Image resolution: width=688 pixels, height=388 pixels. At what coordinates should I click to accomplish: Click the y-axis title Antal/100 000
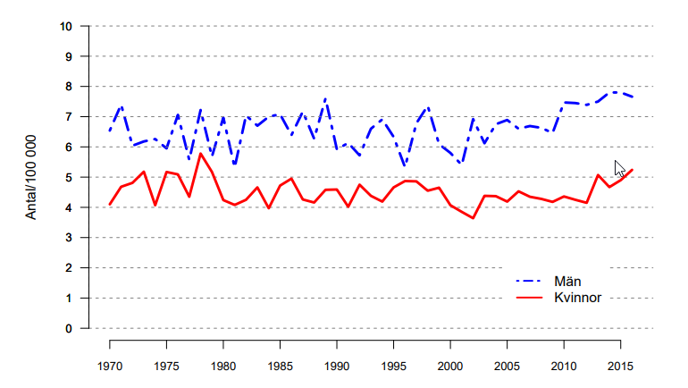click(30, 177)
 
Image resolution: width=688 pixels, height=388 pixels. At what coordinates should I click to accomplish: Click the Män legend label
click(567, 281)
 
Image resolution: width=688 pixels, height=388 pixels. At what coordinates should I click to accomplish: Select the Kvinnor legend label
click(578, 297)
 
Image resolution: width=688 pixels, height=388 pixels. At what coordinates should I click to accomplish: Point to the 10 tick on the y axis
click(66, 26)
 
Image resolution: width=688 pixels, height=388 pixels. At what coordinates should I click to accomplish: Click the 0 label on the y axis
click(69, 328)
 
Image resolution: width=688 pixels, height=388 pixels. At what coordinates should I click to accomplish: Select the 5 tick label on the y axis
click(69, 177)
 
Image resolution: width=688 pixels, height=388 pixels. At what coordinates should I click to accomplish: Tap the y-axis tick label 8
click(69, 87)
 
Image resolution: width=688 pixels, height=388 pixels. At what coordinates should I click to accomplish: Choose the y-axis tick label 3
click(69, 238)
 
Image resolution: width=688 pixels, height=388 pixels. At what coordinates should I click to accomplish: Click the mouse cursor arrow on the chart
click(619, 167)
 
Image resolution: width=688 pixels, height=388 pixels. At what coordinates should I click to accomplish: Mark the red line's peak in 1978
click(201, 154)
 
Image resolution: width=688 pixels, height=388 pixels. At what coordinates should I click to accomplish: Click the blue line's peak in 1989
click(325, 98)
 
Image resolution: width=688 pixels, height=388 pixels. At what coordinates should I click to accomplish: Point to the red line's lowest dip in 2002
click(473, 218)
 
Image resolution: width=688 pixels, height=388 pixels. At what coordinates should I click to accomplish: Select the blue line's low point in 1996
click(405, 166)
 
